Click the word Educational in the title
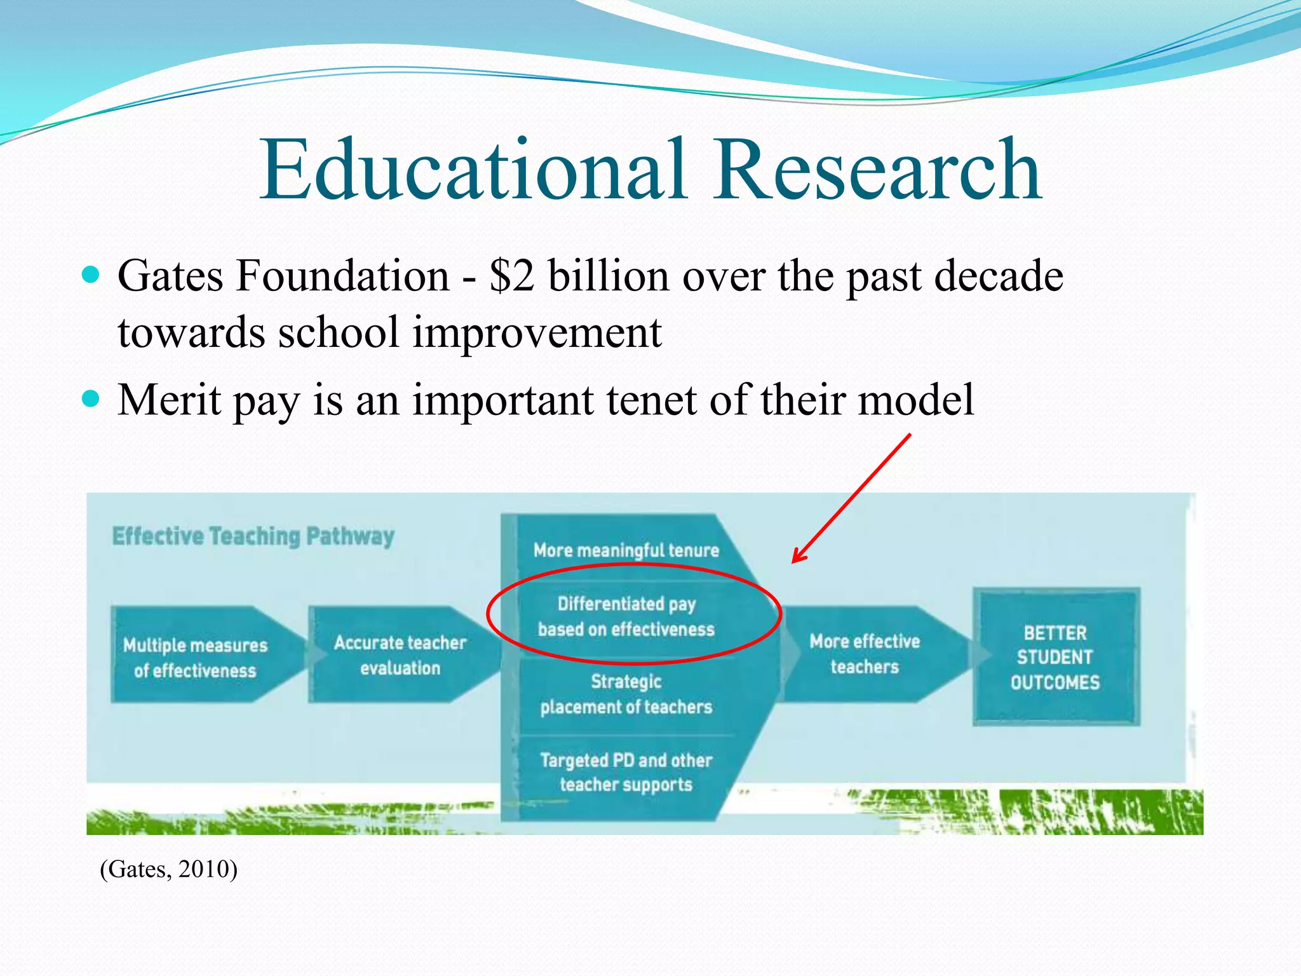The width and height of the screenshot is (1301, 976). pyautogui.click(x=473, y=170)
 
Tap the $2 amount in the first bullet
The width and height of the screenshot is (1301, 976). pyautogui.click(x=511, y=277)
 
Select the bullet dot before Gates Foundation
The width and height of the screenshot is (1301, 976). pyautogui.click(x=91, y=275)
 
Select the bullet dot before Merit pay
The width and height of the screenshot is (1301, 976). pyautogui.click(x=91, y=399)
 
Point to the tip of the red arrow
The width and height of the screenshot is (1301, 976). pyautogui.click(x=793, y=562)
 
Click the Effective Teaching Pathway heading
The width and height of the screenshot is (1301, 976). pyautogui.click(x=253, y=536)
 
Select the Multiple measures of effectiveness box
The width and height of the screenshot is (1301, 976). pyautogui.click(x=196, y=657)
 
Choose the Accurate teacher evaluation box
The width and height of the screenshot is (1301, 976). pyautogui.click(x=400, y=654)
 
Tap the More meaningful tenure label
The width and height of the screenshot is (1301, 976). pyautogui.click(x=626, y=550)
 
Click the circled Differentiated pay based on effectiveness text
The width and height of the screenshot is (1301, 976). pyautogui.click(x=626, y=616)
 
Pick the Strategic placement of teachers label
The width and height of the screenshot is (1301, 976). pyautogui.click(x=626, y=694)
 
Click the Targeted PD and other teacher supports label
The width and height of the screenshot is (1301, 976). pyautogui.click(x=626, y=772)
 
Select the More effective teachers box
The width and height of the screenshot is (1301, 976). pyautogui.click(x=865, y=654)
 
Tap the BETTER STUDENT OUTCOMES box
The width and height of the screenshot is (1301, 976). pyautogui.click(x=1055, y=657)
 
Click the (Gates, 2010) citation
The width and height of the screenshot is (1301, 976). pyautogui.click(x=168, y=869)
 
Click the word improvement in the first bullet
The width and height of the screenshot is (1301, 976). pyautogui.click(x=537, y=332)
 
